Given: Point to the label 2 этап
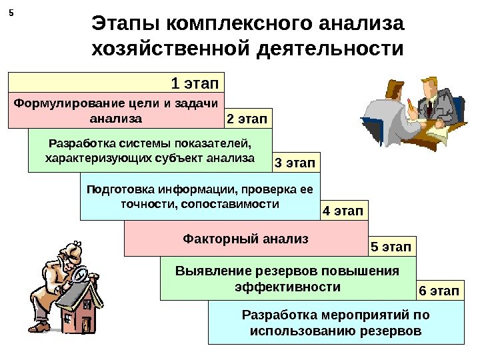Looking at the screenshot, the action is click(x=245, y=119).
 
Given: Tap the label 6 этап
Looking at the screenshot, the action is click(x=439, y=291).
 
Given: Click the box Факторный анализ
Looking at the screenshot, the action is click(x=245, y=237).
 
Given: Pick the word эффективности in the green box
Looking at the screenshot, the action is click(x=288, y=287).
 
